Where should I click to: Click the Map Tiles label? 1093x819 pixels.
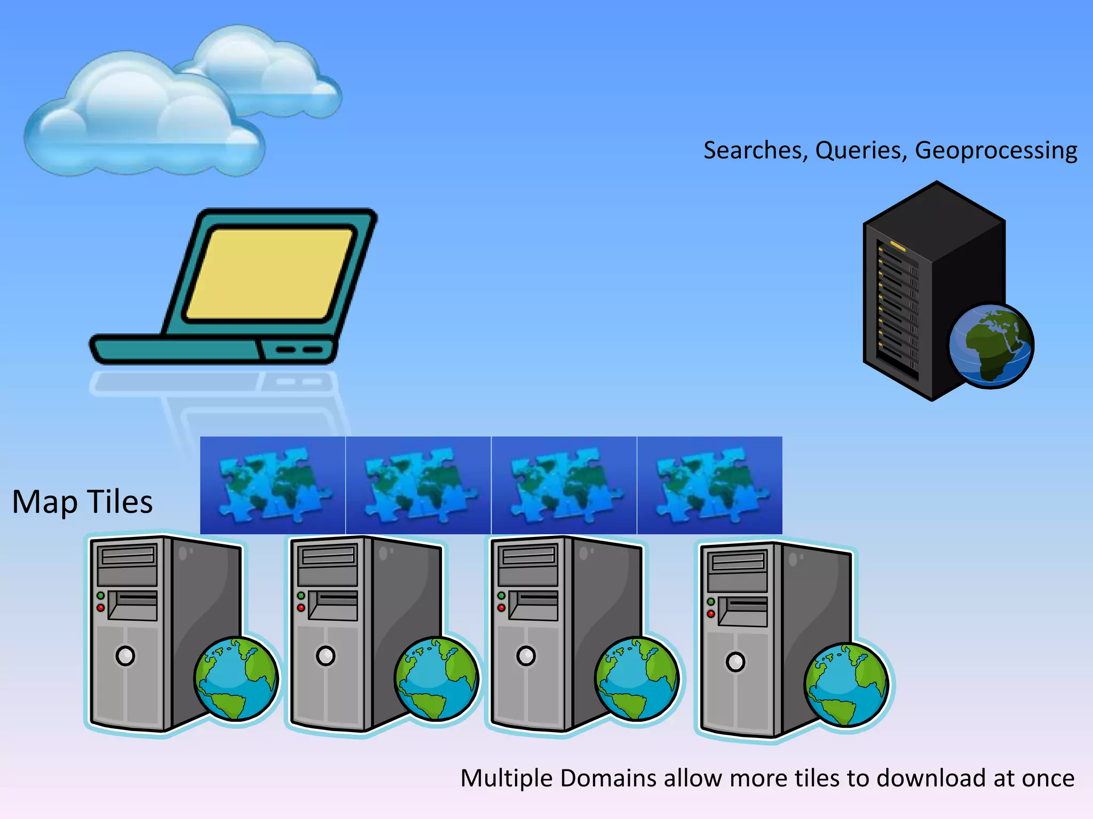(83, 502)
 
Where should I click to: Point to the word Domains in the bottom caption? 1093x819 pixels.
(608, 778)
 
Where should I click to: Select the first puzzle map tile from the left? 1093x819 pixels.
(273, 485)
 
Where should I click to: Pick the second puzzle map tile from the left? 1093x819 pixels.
(418, 485)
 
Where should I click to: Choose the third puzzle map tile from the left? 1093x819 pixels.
(564, 485)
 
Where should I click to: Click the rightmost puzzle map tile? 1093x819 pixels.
(710, 485)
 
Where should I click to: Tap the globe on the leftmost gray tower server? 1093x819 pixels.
(236, 679)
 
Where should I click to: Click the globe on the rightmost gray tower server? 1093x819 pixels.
(847, 685)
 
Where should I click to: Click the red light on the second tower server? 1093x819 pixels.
(301, 608)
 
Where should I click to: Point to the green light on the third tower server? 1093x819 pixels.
(501, 596)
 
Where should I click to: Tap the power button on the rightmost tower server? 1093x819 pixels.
(735, 662)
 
